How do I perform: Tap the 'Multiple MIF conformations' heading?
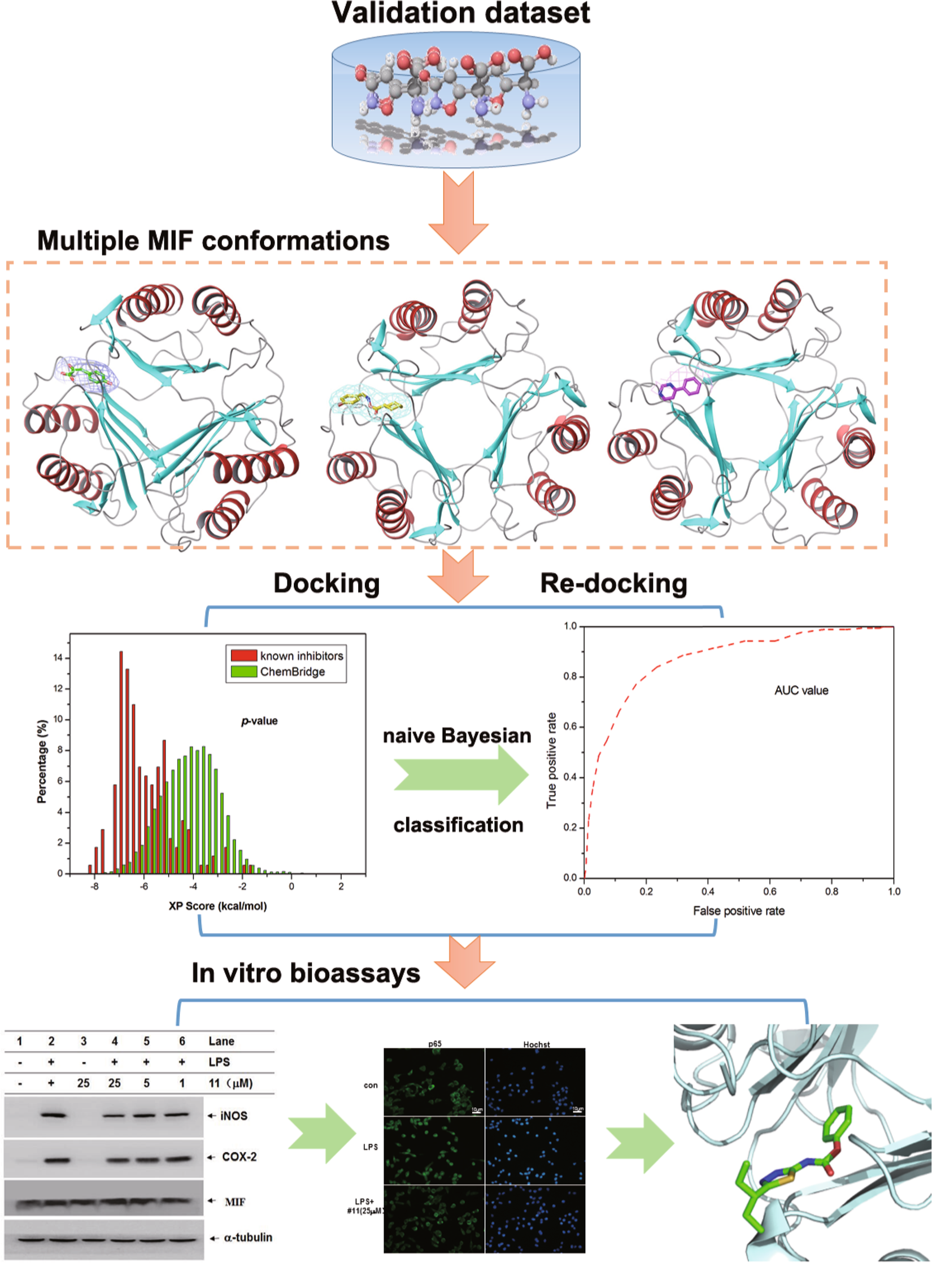coord(213,241)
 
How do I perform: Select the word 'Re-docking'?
coord(613,583)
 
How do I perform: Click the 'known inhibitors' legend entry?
coord(301,656)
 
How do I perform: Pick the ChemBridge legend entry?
coord(292,672)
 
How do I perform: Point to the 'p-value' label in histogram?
coord(259,721)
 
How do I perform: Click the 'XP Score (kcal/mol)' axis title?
coord(217,906)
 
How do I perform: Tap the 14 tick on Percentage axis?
coord(58,658)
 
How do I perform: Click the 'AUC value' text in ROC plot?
coord(801,690)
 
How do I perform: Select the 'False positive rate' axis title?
coord(738,911)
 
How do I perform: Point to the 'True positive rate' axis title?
coord(551,760)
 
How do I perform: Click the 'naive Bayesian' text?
coord(457,735)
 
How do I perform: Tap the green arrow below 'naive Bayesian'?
coord(460,775)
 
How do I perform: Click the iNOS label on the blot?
coord(233,1116)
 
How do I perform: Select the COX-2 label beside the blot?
coord(238,1157)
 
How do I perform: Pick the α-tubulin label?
coord(247,1238)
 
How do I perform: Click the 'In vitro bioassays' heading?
coord(306,973)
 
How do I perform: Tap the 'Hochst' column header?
coord(536,1044)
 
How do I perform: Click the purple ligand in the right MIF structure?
coord(680,389)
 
